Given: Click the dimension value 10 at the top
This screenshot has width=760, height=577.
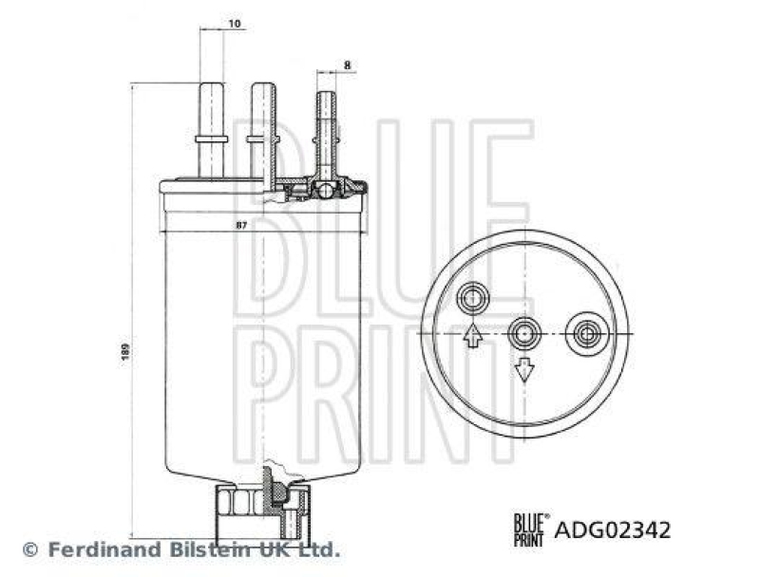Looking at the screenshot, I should (x=234, y=22).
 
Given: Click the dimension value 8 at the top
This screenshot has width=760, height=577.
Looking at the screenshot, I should (x=348, y=65).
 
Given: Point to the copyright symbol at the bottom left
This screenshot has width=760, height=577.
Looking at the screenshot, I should (x=29, y=549).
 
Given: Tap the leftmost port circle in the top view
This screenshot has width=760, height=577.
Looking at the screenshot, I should (x=471, y=301).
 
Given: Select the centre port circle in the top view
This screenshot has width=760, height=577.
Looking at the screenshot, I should (x=523, y=333).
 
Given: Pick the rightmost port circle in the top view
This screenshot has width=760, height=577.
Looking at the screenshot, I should (x=581, y=333).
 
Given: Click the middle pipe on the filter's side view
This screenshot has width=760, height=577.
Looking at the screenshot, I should (x=261, y=128).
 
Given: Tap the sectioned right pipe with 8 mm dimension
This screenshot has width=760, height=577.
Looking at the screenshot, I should (x=326, y=133).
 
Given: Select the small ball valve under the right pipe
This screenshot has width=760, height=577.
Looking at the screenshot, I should (x=326, y=191).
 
